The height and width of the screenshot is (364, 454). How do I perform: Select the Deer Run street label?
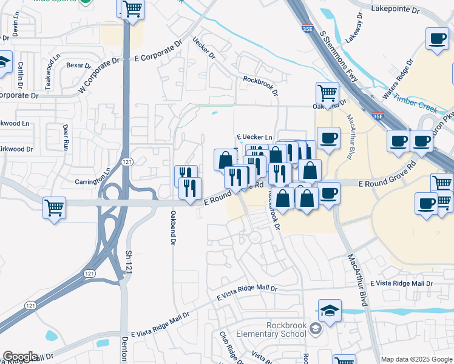(x=66, y=137)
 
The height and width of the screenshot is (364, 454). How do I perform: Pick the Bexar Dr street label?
(x=78, y=65)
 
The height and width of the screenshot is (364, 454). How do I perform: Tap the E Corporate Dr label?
(x=157, y=52)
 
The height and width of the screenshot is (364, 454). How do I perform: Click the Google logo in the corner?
(x=21, y=357)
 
